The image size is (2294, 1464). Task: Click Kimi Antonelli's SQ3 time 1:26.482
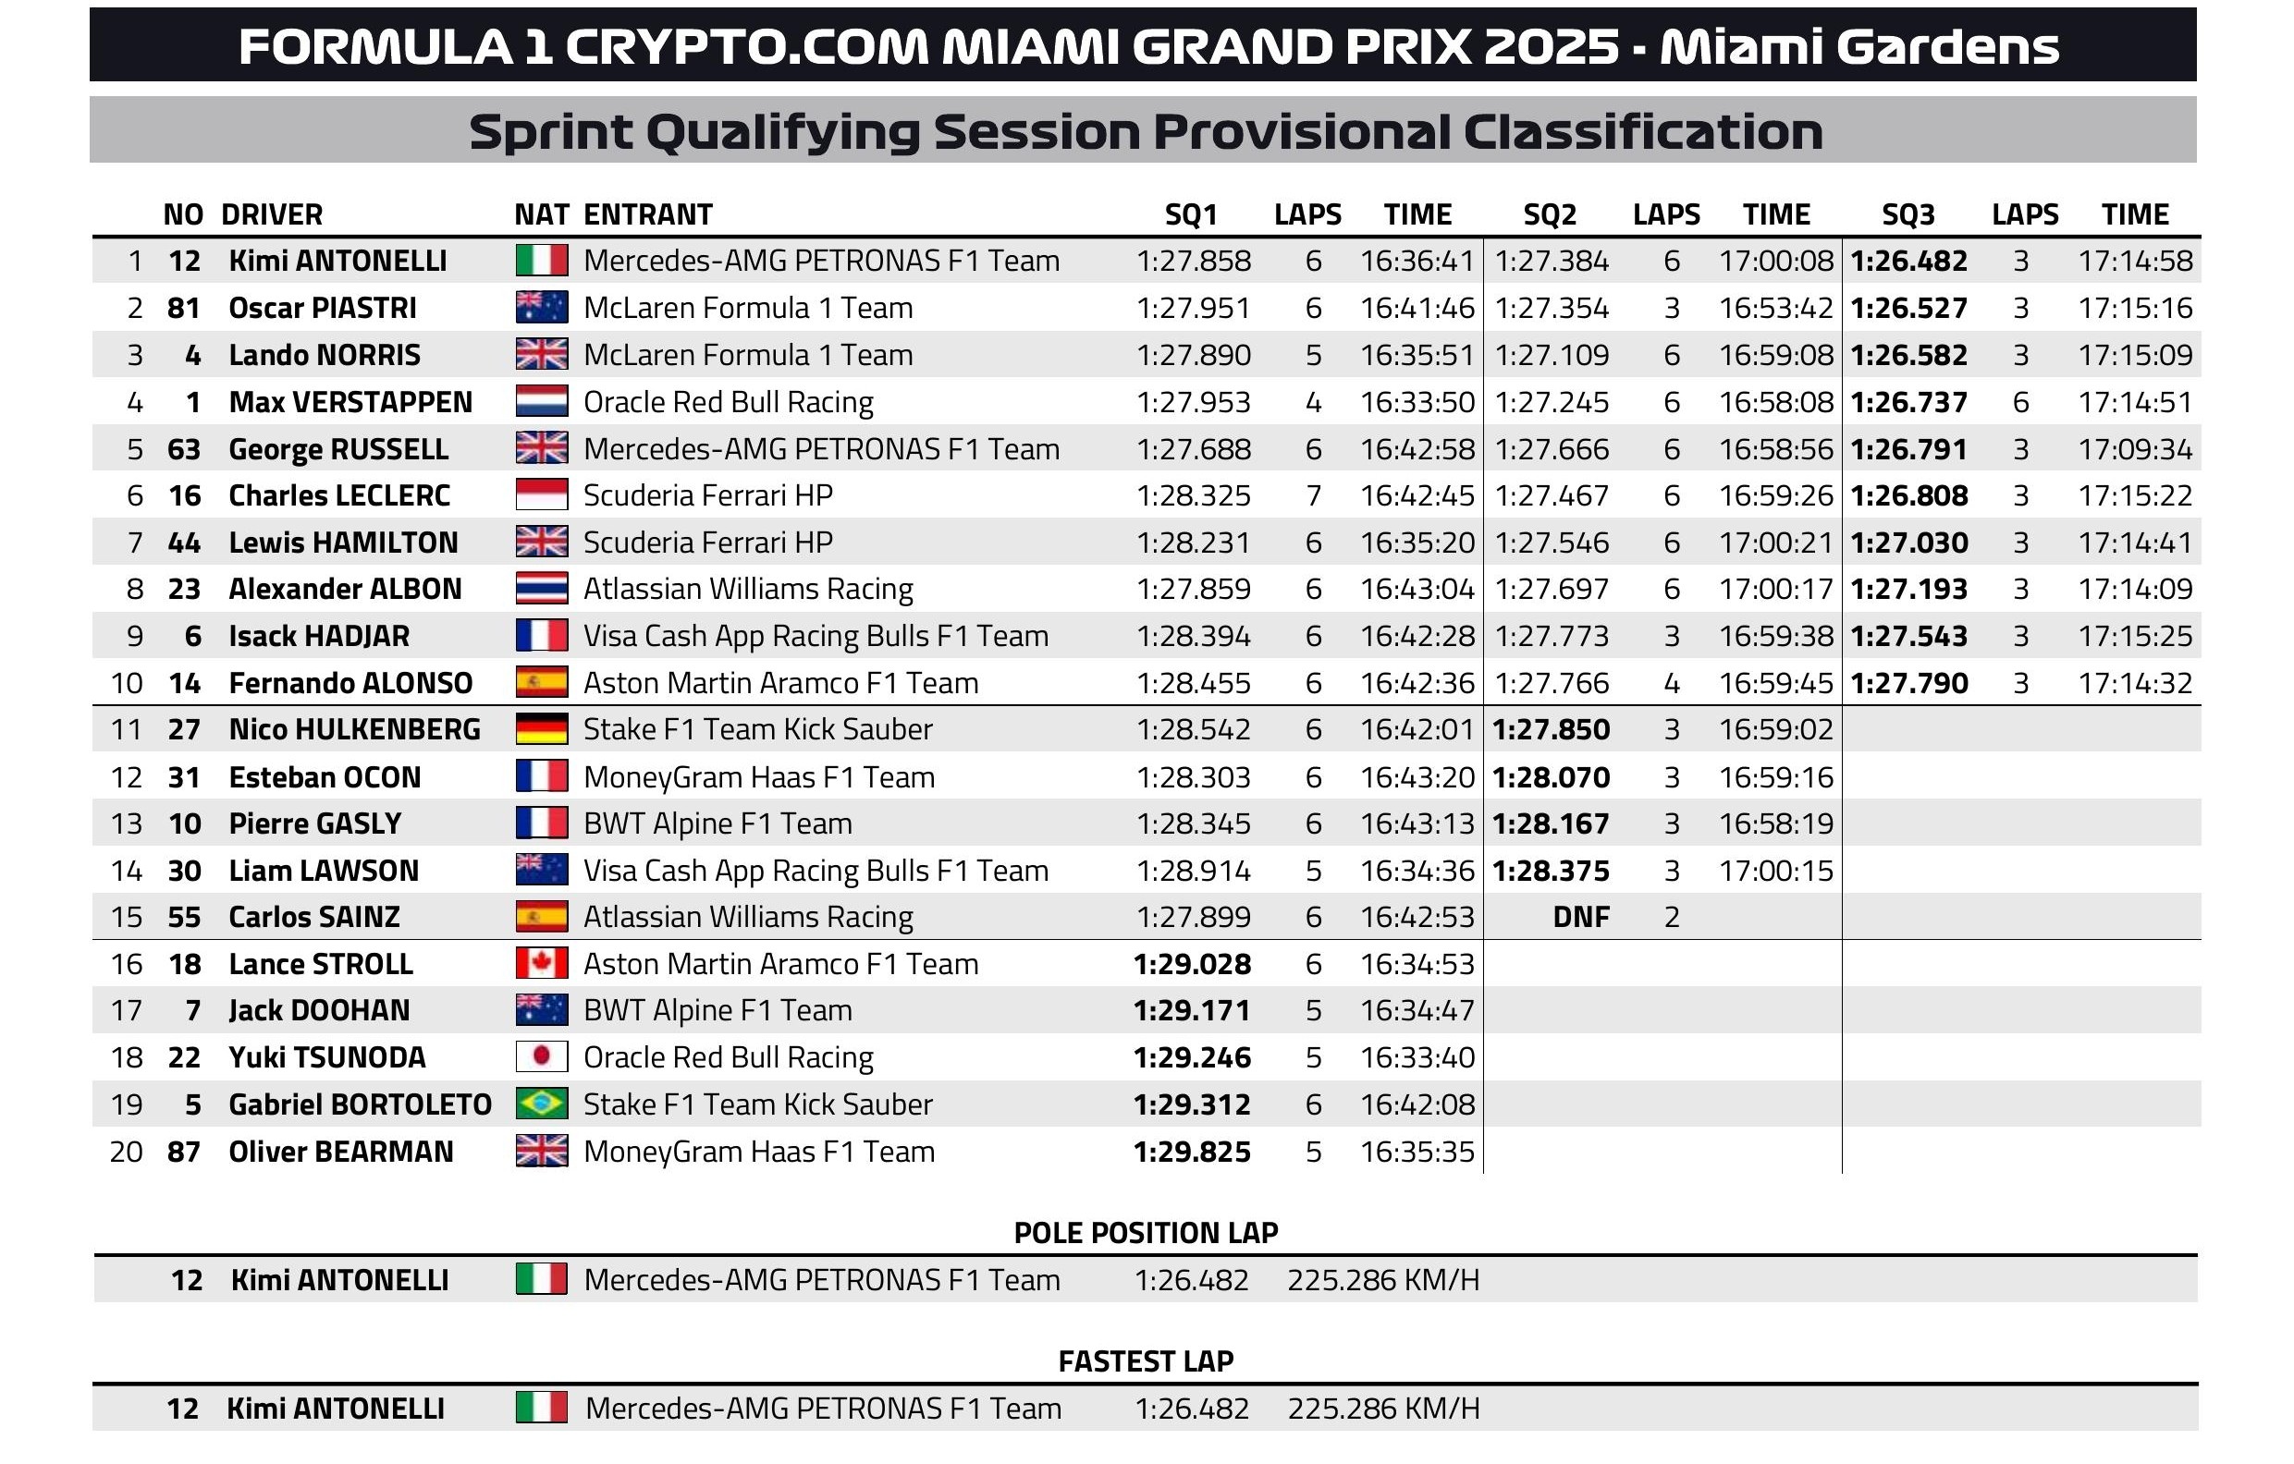1908,261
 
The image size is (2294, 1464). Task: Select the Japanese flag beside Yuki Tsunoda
541,1057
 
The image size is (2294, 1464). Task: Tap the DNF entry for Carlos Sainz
1580,916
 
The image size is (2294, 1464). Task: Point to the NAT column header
541,214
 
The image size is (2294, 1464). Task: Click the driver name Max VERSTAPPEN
350,402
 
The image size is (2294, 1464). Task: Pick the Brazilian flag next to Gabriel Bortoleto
541,1104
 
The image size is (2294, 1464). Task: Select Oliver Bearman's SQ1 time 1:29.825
1192,1152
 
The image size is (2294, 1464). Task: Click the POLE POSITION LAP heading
1145,1233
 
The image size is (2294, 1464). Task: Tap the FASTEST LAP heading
1145,1361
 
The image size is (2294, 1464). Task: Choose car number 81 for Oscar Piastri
184,308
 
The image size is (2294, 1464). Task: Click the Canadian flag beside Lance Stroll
541,963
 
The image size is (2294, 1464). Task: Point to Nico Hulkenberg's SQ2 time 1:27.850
1550,729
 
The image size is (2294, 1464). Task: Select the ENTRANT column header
648,214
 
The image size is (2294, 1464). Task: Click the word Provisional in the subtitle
1305,131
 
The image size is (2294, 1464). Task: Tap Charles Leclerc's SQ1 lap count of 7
1313,495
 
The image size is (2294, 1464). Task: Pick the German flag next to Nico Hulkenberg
541,729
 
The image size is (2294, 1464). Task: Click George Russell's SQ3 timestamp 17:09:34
2135,448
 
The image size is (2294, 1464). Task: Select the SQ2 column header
1549,214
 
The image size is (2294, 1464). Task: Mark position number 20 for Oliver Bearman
127,1152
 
